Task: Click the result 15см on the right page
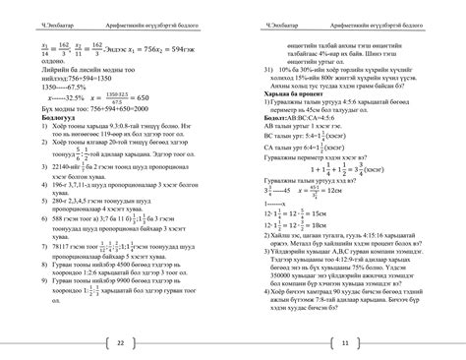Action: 328,214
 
